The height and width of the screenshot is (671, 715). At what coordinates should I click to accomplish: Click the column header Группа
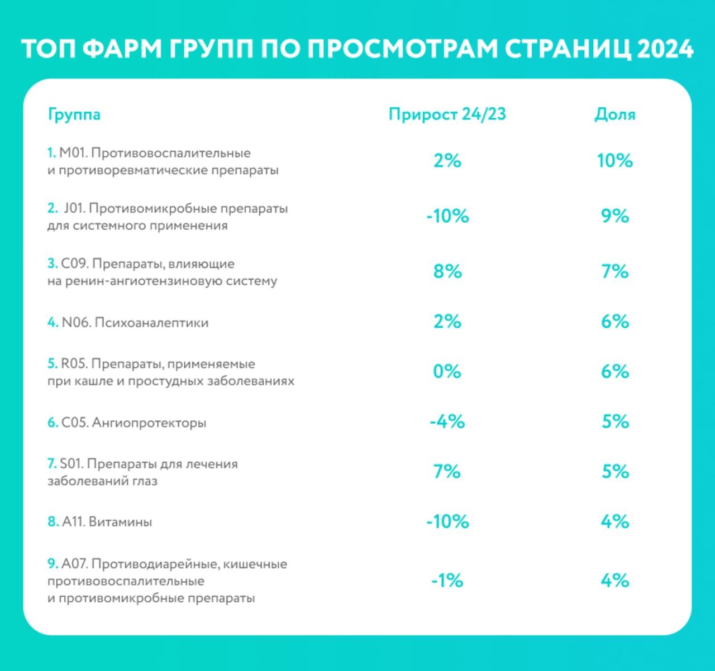[74, 115]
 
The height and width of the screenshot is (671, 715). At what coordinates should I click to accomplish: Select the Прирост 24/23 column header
[447, 114]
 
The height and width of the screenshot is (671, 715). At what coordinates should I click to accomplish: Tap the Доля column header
[614, 114]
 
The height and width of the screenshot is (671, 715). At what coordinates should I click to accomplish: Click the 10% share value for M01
[614, 161]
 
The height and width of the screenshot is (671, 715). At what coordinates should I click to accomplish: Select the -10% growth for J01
[447, 216]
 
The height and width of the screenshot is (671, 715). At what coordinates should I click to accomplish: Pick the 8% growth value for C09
[447, 272]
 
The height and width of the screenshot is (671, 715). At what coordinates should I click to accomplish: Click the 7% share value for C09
[614, 272]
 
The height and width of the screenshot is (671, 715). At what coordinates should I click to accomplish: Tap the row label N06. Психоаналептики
[135, 323]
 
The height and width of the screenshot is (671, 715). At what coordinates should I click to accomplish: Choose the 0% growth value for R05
[447, 372]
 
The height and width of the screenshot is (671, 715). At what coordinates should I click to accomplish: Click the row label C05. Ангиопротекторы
[134, 423]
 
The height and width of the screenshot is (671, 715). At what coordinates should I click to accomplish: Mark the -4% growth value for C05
[447, 421]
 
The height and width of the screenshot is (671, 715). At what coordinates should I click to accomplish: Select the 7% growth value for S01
[447, 472]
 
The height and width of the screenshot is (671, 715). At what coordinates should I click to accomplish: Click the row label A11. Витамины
[107, 522]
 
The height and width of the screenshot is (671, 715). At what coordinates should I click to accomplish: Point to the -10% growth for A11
[447, 522]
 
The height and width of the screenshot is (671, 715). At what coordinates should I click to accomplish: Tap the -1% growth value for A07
[447, 581]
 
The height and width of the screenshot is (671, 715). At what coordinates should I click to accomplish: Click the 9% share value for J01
[614, 216]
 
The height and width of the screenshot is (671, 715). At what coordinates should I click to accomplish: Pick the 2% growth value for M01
[447, 161]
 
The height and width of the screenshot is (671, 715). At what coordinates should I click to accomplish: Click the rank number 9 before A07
[51, 564]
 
